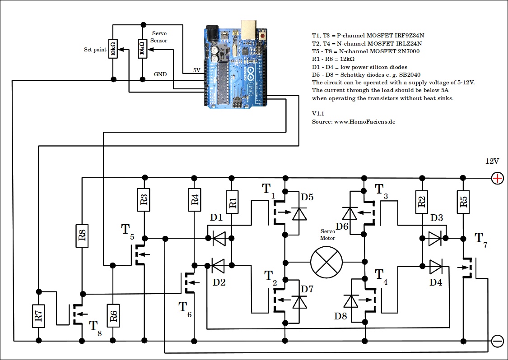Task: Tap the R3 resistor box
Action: pos(144,200)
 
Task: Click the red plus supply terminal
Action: pos(497,178)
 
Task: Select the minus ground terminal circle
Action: pos(497,341)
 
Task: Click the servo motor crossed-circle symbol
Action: pos(326,262)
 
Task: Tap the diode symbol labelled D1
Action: pos(219,238)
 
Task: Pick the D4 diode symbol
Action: pos(436,267)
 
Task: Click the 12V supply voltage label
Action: pos(492,161)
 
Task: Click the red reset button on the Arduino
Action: pos(262,35)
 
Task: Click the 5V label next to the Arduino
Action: pos(197,70)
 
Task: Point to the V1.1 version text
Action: pos(319,114)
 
